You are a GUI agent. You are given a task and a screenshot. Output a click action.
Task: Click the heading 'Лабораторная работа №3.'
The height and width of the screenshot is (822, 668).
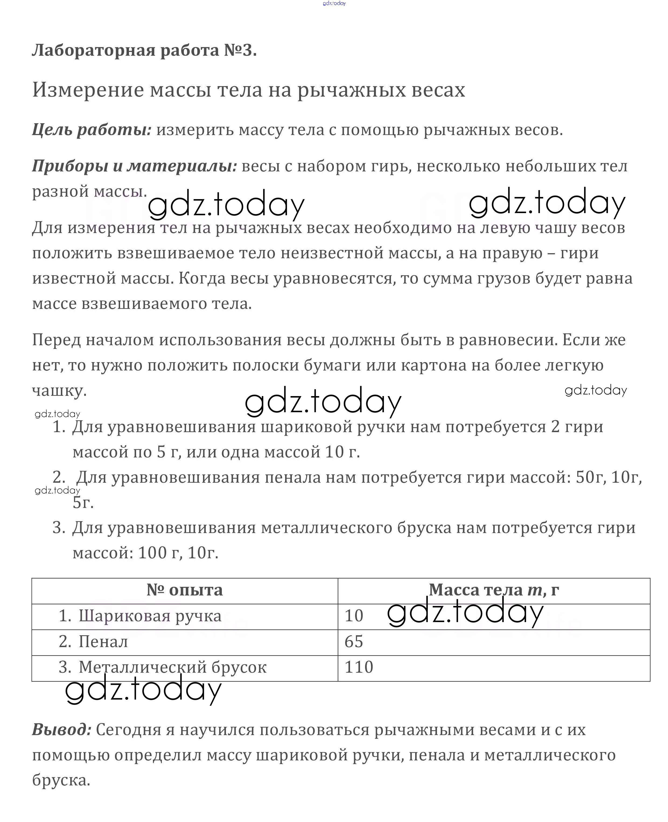(144, 50)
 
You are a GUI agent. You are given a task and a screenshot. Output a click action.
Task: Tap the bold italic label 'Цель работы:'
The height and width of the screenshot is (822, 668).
(92, 130)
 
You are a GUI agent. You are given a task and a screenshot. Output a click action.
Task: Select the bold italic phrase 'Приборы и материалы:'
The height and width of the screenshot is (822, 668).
(135, 166)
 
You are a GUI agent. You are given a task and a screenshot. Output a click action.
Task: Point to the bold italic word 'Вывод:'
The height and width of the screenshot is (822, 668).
(62, 729)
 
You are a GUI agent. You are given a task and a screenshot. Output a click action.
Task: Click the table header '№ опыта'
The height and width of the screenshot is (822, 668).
(185, 590)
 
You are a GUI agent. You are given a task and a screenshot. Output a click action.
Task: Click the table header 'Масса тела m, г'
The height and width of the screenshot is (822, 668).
(494, 590)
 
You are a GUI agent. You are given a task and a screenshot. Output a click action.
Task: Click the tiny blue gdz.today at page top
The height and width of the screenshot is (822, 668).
(334, 3)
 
